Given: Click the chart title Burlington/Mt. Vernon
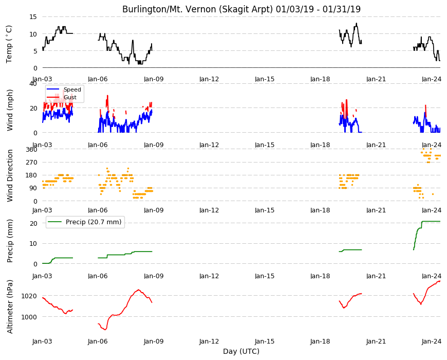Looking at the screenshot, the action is [170, 9].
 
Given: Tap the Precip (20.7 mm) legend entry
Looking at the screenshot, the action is [85, 222].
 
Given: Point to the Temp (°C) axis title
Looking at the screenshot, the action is [9, 44].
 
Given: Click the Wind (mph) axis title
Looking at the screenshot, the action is [10, 110].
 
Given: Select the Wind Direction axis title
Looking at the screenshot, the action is [10, 176].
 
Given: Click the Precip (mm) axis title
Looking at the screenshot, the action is [10, 241].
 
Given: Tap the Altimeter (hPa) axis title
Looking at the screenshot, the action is [10, 307].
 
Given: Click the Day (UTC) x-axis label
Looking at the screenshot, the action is [241, 351].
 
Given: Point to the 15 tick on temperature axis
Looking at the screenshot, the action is [33, 17].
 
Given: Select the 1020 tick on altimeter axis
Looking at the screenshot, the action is [29, 296].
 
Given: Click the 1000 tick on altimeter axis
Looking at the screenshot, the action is [29, 317].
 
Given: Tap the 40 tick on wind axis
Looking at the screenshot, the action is [33, 84].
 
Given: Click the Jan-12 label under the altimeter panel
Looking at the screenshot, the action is [209, 341].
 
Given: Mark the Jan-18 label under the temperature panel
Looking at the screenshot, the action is [320, 79].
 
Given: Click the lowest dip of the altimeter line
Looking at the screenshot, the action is [105, 330].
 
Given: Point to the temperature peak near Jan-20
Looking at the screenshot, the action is [357, 23].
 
